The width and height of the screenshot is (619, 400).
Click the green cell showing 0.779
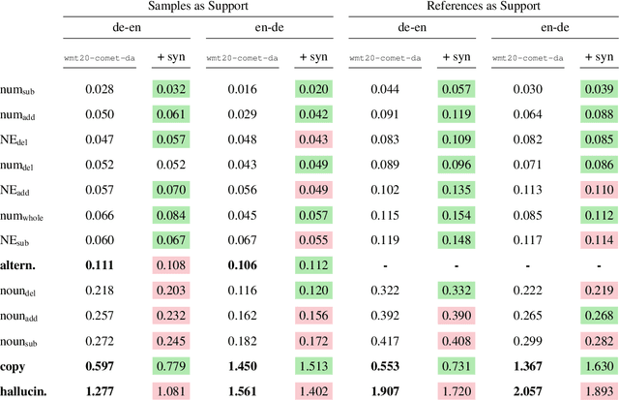coord(173,365)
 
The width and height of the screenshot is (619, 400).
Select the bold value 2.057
coord(526,390)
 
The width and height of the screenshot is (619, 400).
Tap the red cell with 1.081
coord(173,390)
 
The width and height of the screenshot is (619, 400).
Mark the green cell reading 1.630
coord(599,365)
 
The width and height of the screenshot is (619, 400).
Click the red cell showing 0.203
coord(173,290)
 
